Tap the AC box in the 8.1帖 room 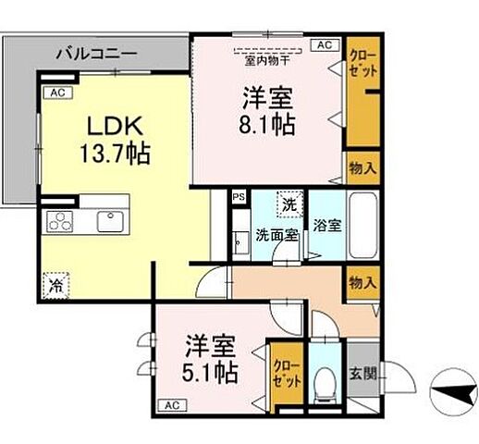tap(324, 43)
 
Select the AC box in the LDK tap(56, 92)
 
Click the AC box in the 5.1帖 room tap(171, 405)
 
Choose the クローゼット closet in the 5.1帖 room tap(284, 375)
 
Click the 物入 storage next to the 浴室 tap(361, 282)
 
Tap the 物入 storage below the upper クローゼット tap(361, 167)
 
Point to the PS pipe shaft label tap(239, 196)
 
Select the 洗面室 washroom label tap(276, 234)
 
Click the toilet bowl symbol tap(323, 385)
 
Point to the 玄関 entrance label tap(362, 375)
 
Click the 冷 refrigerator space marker tap(55, 286)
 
